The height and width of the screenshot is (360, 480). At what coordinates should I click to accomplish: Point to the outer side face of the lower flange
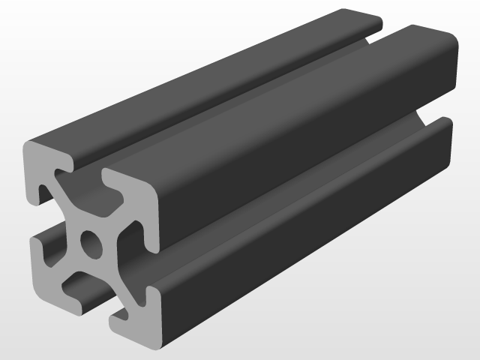coord(300,240)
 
